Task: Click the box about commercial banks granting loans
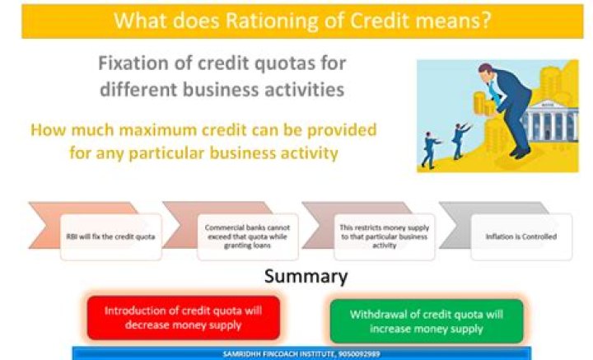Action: pos(240,237)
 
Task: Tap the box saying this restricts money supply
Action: pos(376,237)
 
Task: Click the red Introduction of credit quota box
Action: pos(184,317)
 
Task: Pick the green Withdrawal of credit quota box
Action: pos(425,320)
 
